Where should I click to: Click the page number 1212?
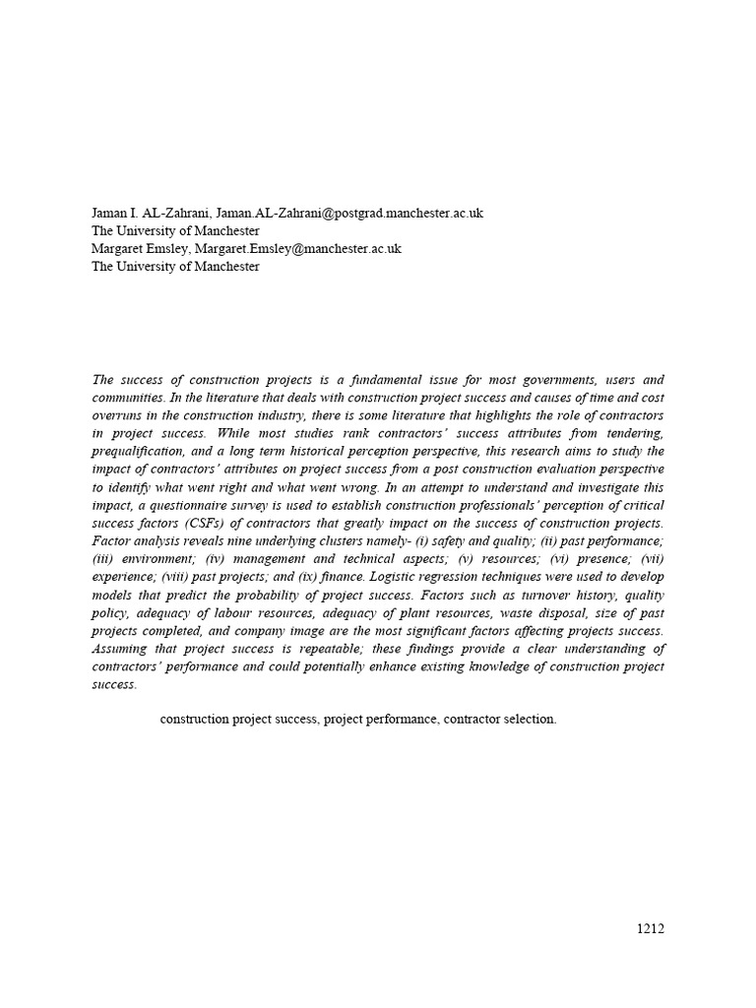coord(650,928)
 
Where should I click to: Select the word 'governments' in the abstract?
coord(553,379)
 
